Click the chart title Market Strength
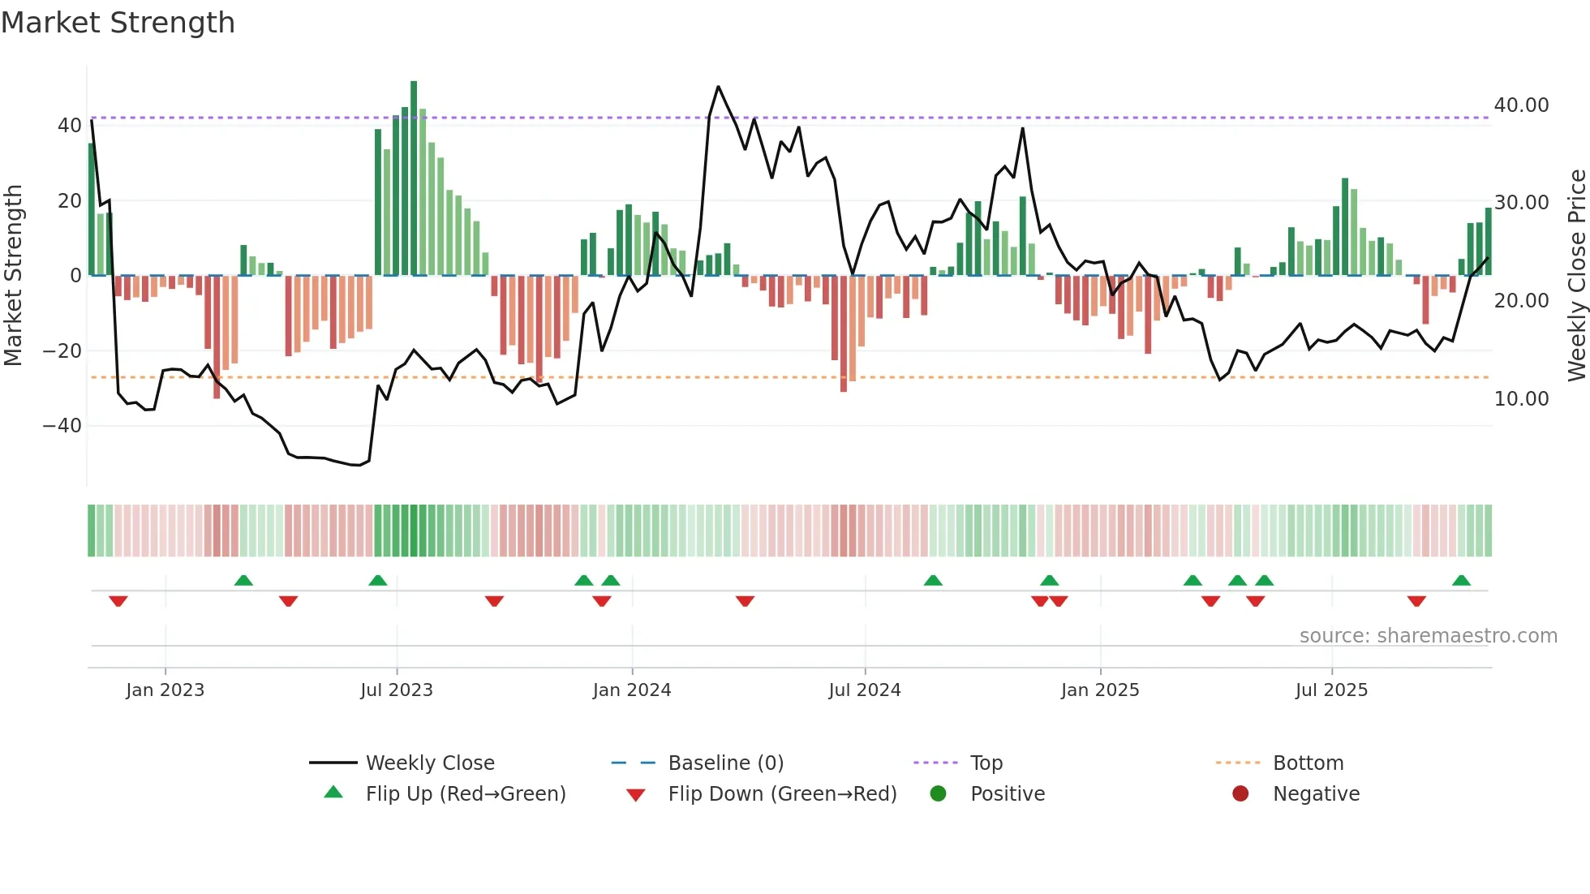(x=118, y=23)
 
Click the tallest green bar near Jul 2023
(x=414, y=178)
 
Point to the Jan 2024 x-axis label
(x=632, y=690)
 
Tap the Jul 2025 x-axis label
(x=1331, y=690)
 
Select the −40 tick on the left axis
(x=62, y=426)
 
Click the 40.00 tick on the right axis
(x=1521, y=105)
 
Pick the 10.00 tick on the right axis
(x=1521, y=399)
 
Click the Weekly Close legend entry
(x=429, y=763)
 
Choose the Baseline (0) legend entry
(x=725, y=763)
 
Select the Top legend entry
(x=986, y=763)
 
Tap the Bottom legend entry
(x=1308, y=763)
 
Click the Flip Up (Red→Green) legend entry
(x=465, y=794)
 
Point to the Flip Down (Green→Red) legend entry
(x=781, y=794)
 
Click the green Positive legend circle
(x=939, y=794)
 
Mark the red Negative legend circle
(x=1240, y=794)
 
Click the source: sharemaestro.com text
(x=1428, y=636)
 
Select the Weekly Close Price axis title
(x=1576, y=276)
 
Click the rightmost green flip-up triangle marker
(x=1461, y=581)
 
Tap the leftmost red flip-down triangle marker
(x=118, y=601)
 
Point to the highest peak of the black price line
(x=718, y=87)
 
